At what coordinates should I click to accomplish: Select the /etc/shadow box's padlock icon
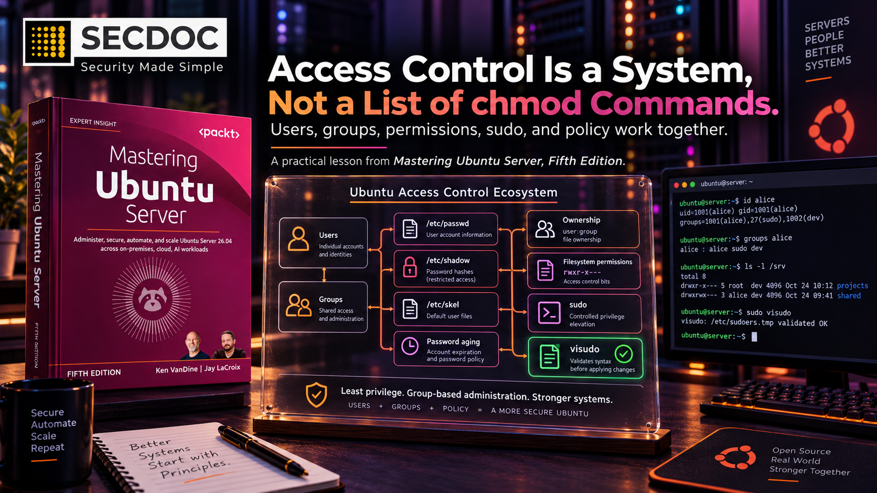(x=410, y=267)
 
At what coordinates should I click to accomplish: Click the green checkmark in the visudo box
(x=623, y=354)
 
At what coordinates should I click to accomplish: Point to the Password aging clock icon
(x=410, y=346)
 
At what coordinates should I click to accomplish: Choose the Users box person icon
(x=298, y=238)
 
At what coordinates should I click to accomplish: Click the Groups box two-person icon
(x=299, y=305)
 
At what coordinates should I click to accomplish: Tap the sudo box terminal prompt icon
(x=549, y=312)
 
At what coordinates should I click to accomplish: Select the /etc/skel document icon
(x=410, y=309)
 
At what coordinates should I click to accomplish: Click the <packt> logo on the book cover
(x=219, y=133)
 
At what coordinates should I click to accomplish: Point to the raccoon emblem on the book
(x=152, y=300)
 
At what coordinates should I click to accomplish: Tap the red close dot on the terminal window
(x=676, y=185)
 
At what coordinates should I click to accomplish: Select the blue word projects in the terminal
(x=852, y=286)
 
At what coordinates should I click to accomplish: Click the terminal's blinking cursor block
(x=754, y=337)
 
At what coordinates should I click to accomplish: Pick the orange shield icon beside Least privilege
(x=316, y=395)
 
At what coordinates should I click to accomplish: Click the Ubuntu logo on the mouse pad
(x=735, y=457)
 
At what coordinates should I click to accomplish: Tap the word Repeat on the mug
(x=47, y=447)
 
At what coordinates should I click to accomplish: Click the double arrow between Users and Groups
(x=324, y=275)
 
